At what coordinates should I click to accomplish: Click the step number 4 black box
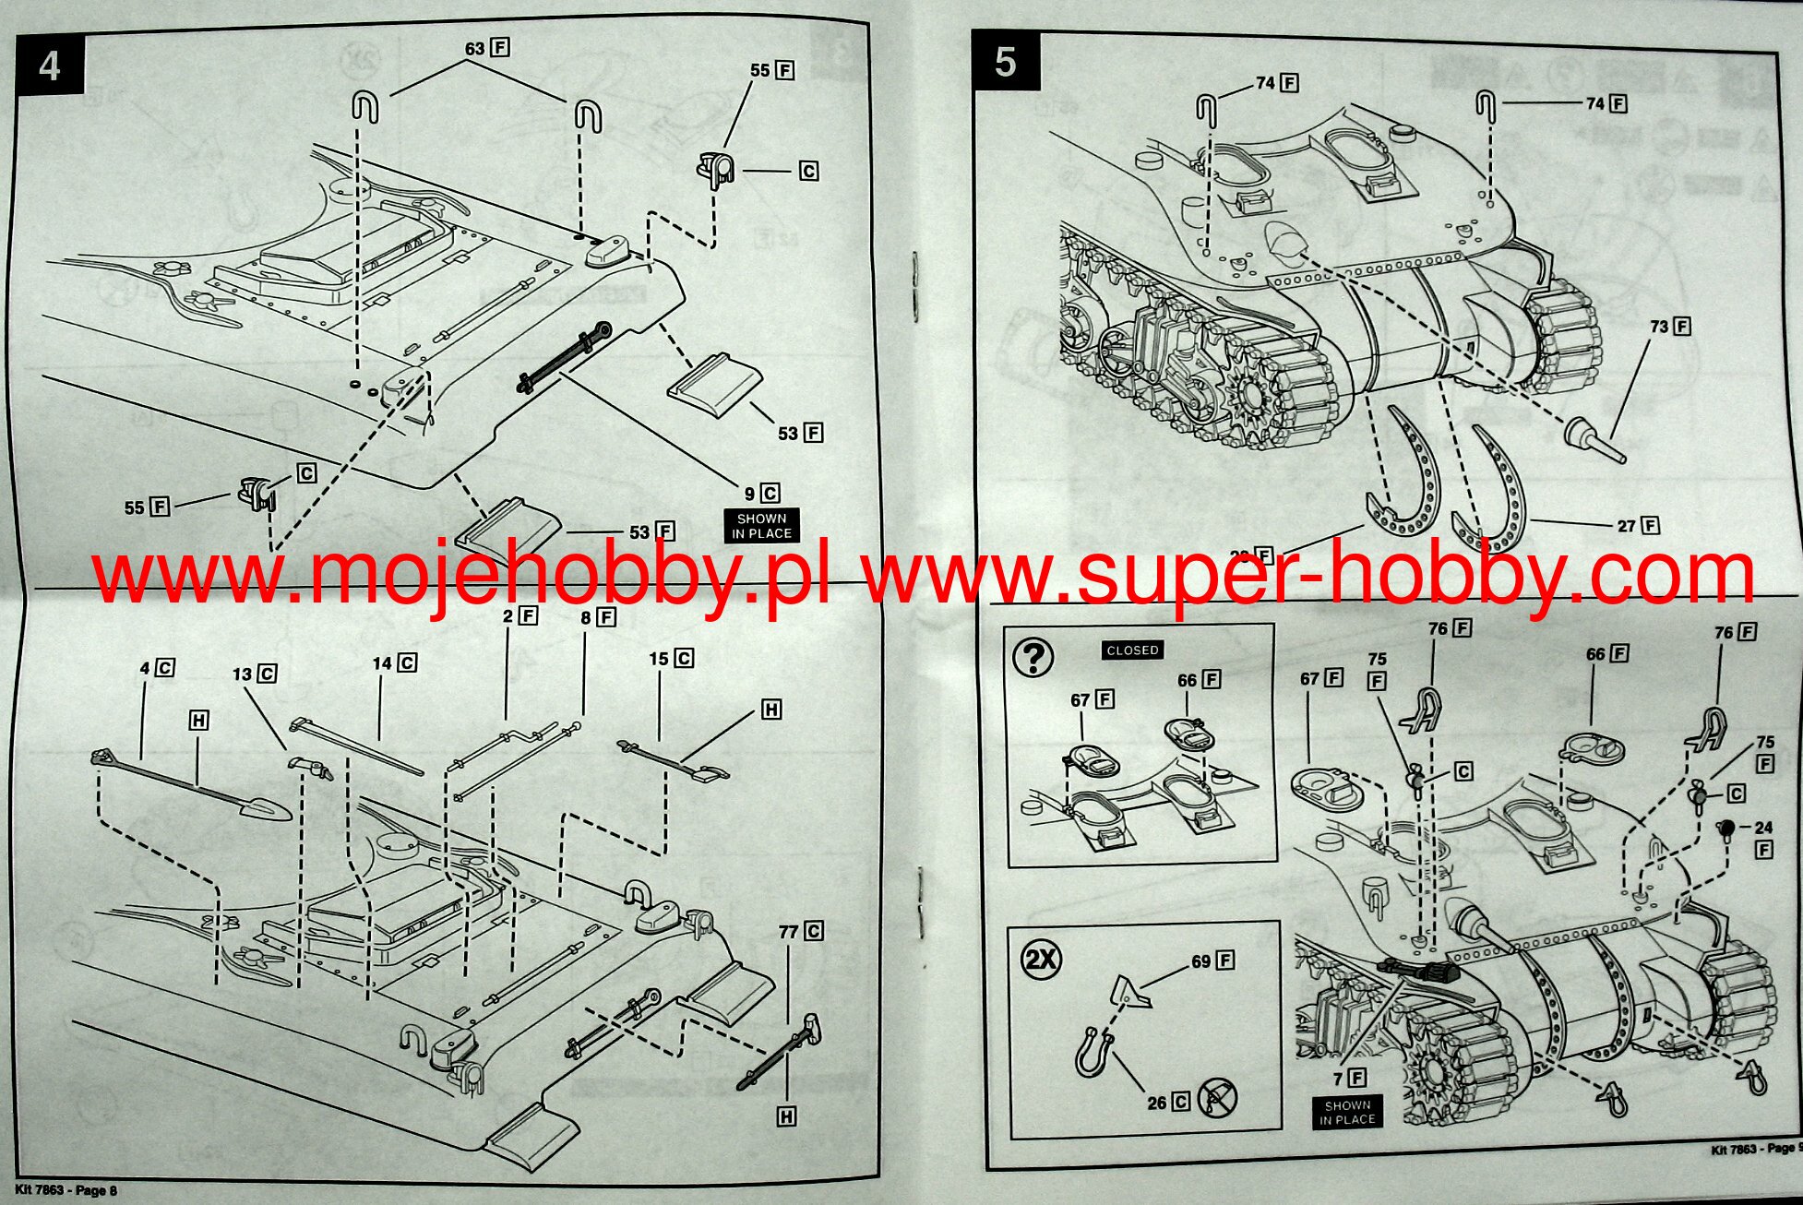50,66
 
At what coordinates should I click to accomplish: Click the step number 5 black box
1005,63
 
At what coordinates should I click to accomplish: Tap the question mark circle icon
1033,657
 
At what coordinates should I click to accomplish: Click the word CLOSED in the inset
1132,650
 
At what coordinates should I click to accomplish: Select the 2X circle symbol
1041,960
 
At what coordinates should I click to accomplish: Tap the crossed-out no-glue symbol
1217,1098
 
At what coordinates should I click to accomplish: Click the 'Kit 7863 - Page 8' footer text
66,1190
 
